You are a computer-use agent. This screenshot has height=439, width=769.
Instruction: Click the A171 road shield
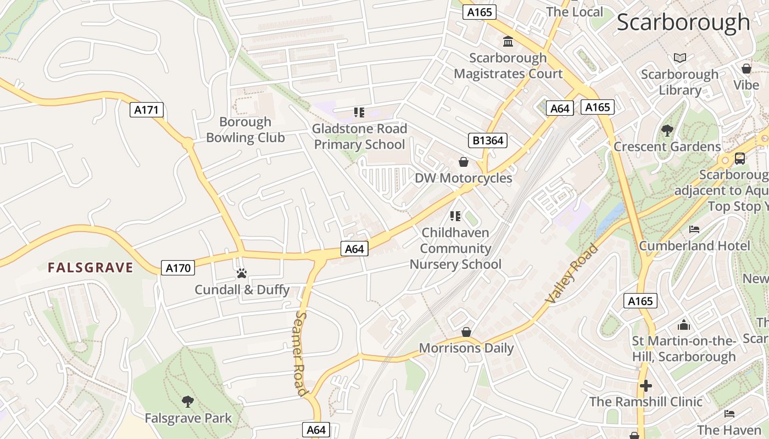tap(147, 110)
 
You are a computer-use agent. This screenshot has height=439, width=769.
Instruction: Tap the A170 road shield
tap(179, 268)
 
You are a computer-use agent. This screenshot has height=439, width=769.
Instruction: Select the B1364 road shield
tap(488, 140)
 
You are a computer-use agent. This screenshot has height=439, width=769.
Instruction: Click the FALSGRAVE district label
tap(91, 268)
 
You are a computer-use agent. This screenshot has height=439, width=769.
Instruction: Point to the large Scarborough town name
tap(683, 22)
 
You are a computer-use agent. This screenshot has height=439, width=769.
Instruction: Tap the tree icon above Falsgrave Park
tap(188, 402)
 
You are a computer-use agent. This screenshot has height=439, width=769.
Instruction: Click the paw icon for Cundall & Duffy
tap(241, 273)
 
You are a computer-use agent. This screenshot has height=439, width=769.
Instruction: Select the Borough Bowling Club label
tap(246, 130)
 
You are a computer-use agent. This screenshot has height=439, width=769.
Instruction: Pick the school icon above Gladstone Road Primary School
tap(359, 113)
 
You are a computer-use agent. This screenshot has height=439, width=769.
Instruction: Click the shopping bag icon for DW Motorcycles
tap(464, 162)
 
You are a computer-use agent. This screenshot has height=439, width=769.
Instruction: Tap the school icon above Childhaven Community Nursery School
tap(455, 216)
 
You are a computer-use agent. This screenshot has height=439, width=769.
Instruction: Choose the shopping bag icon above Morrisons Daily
tap(466, 332)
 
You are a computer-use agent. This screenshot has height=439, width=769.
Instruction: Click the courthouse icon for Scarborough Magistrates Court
tap(508, 42)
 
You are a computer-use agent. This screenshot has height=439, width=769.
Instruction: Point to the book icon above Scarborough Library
tap(679, 58)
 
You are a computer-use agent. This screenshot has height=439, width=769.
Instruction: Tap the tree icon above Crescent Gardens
tap(667, 131)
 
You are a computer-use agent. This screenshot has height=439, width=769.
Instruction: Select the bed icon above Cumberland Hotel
tap(694, 229)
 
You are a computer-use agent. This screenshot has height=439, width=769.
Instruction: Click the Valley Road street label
tap(572, 274)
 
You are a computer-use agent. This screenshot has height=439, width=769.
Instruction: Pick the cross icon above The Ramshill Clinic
tap(646, 385)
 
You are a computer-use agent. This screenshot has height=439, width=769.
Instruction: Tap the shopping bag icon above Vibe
tap(746, 69)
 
